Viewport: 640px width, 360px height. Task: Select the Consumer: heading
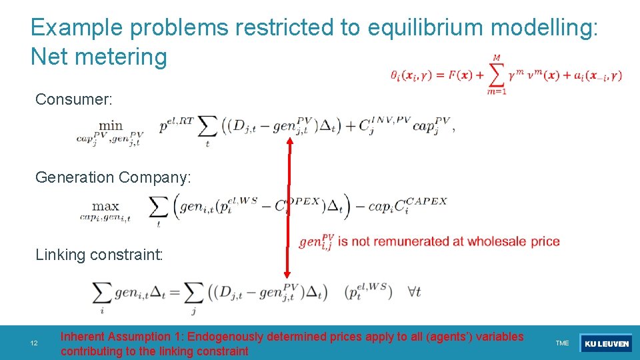coord(73,100)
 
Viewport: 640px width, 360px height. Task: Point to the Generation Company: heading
coord(113,177)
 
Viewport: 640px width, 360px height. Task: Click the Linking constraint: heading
coord(99,255)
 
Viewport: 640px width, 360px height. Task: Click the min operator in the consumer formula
coord(111,126)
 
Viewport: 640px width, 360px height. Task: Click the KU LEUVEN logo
coord(606,343)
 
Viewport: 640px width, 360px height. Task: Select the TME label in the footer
coord(562,343)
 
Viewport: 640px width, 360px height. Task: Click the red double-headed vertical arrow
coord(289,207)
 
